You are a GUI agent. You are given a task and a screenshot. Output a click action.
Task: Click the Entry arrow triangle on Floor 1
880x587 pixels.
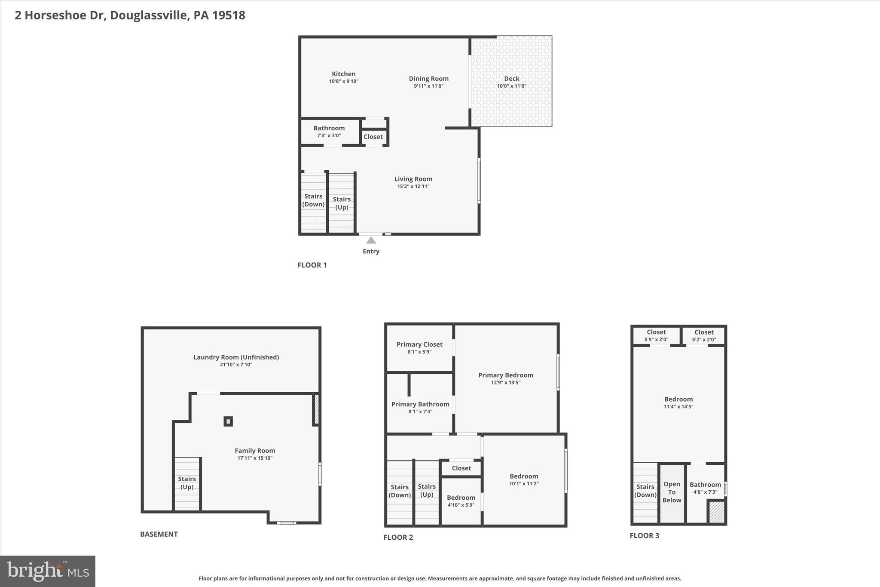tap(371, 240)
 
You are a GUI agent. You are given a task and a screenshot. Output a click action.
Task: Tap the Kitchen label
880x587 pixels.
tap(343, 74)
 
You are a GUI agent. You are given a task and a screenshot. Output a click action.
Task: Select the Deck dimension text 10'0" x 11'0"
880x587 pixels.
tap(511, 86)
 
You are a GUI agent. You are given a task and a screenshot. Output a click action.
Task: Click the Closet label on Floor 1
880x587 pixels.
tap(373, 137)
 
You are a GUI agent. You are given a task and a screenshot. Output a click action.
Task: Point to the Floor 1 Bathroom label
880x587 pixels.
tap(329, 128)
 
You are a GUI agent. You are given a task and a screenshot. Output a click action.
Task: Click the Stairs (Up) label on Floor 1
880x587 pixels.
tap(342, 203)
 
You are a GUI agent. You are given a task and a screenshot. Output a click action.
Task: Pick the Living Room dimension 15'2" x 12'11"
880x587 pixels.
tap(413, 186)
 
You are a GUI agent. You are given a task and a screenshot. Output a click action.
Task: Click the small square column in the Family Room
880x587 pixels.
tap(228, 421)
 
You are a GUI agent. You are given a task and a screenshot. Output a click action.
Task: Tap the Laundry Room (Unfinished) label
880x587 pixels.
tap(236, 357)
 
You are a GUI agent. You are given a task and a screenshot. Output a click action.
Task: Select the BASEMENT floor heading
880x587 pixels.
tap(159, 534)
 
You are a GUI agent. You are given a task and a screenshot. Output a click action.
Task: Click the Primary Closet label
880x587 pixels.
tap(419, 344)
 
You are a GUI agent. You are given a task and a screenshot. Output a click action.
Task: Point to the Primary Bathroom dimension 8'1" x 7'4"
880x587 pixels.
tap(420, 412)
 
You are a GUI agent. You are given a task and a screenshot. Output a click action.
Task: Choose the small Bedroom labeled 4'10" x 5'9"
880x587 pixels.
tap(461, 501)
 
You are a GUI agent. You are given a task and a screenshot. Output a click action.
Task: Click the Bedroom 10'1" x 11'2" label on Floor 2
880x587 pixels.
tap(524, 476)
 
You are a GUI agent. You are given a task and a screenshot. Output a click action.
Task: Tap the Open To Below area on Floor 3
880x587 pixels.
tap(672, 492)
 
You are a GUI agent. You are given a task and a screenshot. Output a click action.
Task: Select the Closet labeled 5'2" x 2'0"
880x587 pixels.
tap(704, 335)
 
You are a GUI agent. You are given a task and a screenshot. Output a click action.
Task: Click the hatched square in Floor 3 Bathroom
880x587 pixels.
tap(716, 512)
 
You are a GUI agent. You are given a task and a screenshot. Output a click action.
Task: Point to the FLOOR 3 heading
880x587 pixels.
tap(644, 535)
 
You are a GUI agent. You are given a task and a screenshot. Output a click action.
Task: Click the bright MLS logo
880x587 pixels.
tap(48, 571)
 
